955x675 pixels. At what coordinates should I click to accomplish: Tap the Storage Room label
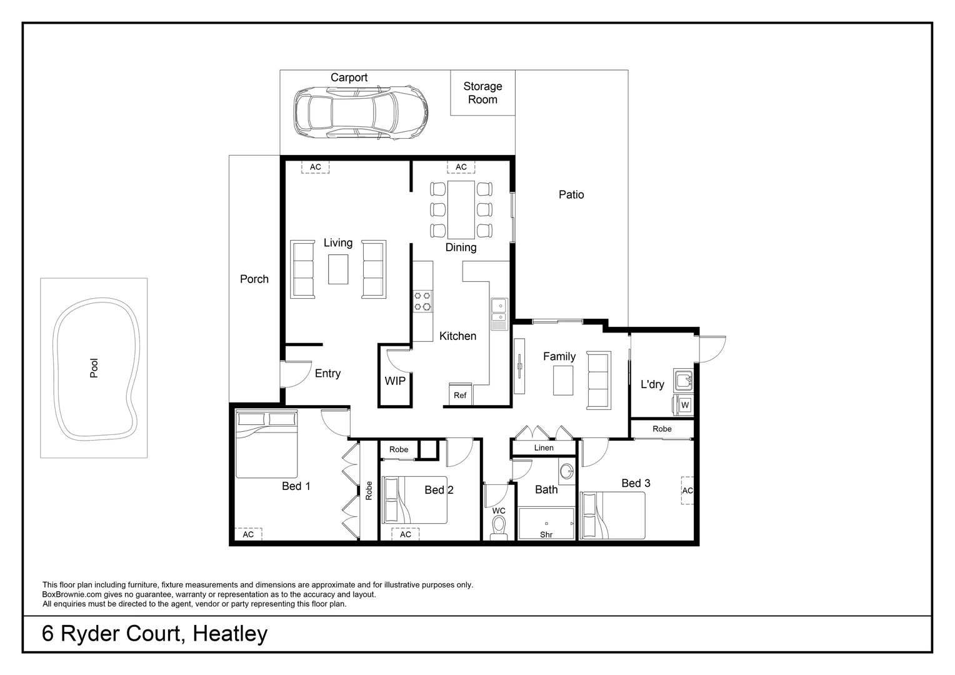482,92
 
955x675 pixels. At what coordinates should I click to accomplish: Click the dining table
461,209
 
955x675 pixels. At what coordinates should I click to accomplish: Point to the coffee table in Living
338,269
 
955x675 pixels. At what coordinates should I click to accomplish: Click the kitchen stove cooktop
422,301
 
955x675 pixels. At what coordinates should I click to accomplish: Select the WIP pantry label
394,381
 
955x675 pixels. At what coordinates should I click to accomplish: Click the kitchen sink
499,314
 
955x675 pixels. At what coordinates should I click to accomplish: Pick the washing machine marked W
684,405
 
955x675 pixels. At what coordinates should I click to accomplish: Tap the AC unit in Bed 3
687,491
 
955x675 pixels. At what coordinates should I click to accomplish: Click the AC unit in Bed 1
248,534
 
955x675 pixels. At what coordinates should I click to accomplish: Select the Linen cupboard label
544,448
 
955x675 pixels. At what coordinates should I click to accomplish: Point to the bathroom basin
567,472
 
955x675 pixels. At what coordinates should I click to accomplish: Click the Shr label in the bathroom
546,534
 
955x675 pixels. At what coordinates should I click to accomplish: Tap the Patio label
571,195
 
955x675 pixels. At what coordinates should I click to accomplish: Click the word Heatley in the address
230,634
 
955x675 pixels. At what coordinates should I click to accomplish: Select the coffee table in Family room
562,381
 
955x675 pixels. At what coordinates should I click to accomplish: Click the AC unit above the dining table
461,167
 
